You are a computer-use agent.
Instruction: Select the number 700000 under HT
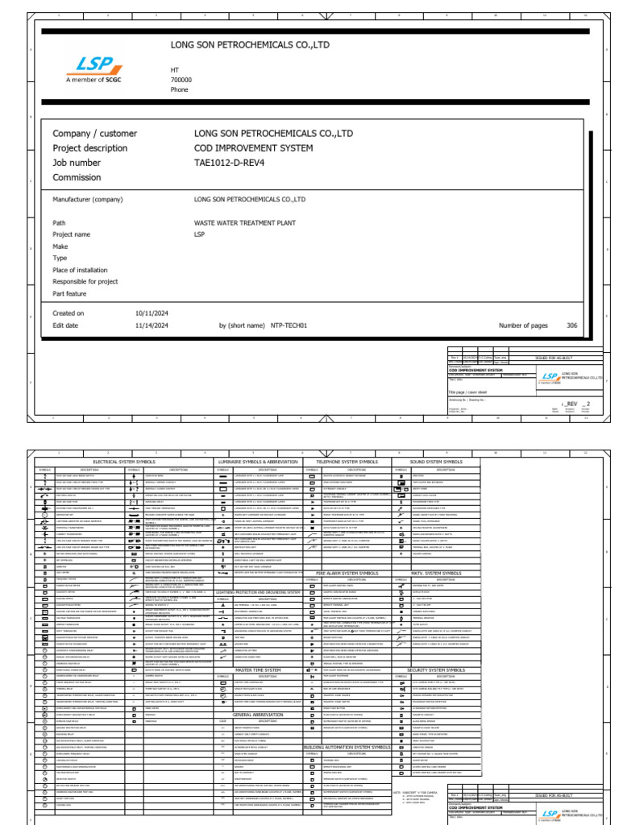(x=181, y=80)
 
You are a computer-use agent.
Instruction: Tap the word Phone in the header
(x=179, y=89)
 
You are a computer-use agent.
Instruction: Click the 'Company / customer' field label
(x=94, y=133)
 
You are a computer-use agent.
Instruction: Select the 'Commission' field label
(x=77, y=177)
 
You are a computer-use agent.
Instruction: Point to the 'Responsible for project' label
(x=85, y=282)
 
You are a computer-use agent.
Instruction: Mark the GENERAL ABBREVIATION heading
(x=258, y=691)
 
